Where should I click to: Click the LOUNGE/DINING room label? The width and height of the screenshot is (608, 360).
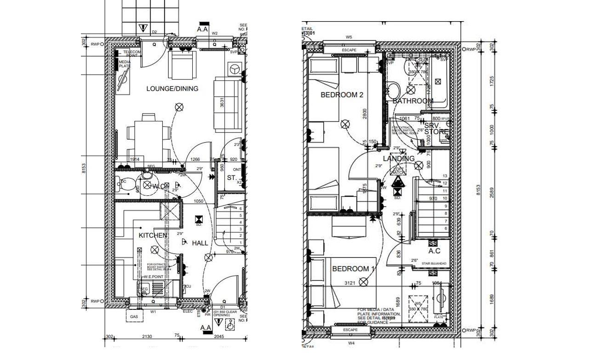[172, 89]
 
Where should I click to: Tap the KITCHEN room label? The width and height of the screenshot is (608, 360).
[153, 235]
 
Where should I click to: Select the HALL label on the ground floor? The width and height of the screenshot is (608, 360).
[200, 243]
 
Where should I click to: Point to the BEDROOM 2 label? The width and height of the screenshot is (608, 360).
[342, 95]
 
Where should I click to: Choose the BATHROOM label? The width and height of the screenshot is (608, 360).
[413, 101]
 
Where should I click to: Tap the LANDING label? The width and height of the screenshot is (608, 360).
[399, 159]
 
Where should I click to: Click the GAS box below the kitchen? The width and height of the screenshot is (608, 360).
[134, 317]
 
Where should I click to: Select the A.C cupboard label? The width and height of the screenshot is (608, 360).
[434, 251]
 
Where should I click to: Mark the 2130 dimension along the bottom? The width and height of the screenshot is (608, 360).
[147, 337]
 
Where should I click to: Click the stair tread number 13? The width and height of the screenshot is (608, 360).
[445, 176]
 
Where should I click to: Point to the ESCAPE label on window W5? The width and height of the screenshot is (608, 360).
[350, 50]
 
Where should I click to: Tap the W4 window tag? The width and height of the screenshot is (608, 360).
[351, 343]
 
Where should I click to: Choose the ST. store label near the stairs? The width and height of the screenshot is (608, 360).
[231, 177]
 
